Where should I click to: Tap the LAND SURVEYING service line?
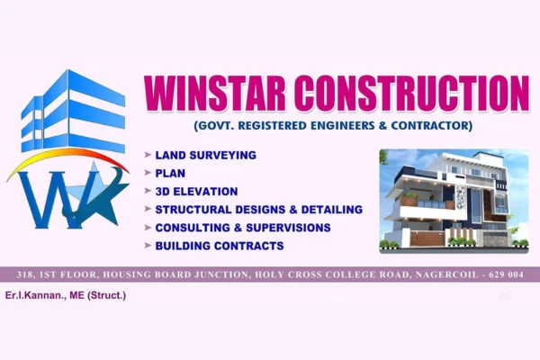[205, 155]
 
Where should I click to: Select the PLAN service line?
[170, 173]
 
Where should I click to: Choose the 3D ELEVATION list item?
[196, 191]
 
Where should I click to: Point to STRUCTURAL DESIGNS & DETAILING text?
[258, 209]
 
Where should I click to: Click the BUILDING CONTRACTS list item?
[220, 245]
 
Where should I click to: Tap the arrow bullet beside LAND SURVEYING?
[148, 155]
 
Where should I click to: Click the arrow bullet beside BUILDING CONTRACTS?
[148, 245]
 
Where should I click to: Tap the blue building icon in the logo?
[72, 112]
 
